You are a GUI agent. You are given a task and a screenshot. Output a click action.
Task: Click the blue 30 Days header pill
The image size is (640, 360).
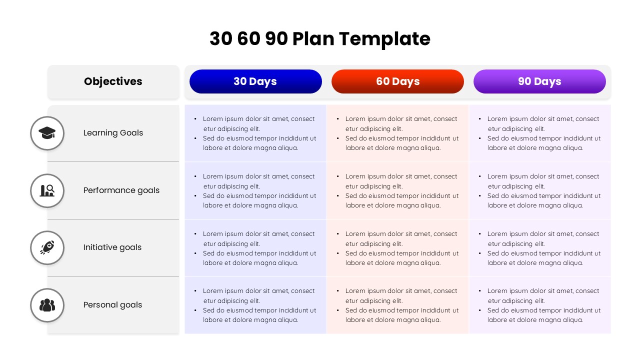pos(255,81)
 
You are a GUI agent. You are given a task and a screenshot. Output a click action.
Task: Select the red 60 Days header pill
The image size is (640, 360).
pos(397,81)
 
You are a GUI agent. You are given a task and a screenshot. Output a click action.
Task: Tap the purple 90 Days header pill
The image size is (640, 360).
pos(539,81)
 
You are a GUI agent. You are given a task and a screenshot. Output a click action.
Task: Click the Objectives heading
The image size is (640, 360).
pos(113,81)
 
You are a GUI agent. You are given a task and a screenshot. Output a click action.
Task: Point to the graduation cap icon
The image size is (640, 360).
pos(47,133)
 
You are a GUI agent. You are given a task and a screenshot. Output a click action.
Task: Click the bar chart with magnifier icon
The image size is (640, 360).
pos(47,190)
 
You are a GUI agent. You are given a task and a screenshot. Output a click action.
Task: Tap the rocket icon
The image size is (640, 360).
pos(47,247)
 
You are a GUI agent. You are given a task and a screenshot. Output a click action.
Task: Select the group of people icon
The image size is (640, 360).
pos(47,305)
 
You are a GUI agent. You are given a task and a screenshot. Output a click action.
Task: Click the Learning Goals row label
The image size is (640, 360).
pos(113,133)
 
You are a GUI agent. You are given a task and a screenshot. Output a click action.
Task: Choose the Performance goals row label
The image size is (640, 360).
pos(121,190)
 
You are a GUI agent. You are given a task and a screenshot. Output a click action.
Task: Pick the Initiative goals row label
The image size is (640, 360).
pos(112,247)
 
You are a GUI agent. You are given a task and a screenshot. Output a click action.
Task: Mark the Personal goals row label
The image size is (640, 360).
pos(112,305)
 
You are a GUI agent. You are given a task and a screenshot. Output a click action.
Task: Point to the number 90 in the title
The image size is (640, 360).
pos(276,39)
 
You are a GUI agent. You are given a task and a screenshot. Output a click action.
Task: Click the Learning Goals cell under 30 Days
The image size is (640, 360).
pos(255,133)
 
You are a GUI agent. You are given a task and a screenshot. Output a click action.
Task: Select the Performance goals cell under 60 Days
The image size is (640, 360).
pos(397,190)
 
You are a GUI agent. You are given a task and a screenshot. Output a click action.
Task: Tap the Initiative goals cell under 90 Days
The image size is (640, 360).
pos(539,248)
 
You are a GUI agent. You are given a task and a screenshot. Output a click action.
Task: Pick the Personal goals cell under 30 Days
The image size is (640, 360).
pos(255,305)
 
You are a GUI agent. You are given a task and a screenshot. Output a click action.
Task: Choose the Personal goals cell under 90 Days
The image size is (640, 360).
pos(539,305)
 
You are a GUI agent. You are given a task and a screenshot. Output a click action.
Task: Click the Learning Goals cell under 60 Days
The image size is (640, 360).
pos(397,133)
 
